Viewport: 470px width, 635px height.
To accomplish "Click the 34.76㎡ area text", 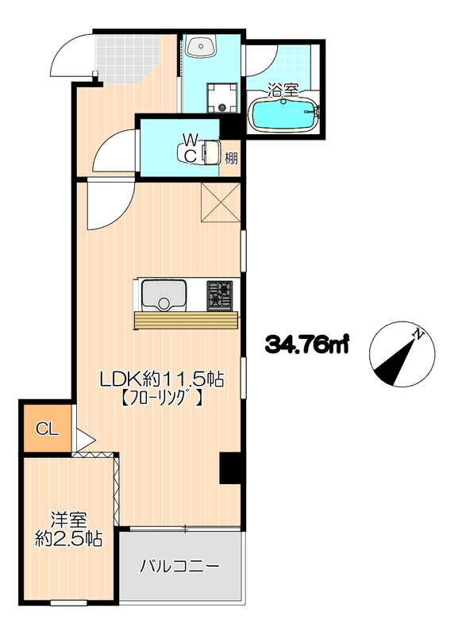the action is point(307,344).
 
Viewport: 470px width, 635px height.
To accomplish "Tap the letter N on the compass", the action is point(418,333).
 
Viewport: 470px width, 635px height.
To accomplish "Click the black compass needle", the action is point(395,363).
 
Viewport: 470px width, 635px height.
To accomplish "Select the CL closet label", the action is point(48,429).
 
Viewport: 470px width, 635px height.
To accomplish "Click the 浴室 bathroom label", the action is point(283,90).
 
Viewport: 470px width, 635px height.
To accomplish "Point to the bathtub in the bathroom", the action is point(284,114).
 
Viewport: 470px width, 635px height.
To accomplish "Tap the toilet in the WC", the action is point(198,152).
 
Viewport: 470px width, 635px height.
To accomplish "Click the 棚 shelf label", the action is point(231,158).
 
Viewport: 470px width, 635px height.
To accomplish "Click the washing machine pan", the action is point(222,98).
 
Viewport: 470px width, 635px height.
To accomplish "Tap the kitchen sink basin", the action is point(164,294).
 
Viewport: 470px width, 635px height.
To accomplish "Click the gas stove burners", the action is point(220,294).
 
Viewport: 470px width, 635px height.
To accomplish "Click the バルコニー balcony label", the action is point(179,566).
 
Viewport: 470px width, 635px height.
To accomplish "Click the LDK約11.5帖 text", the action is point(162,379).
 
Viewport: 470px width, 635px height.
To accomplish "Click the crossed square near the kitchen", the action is point(221,202).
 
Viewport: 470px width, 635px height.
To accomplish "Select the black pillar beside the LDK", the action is point(232,468).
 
